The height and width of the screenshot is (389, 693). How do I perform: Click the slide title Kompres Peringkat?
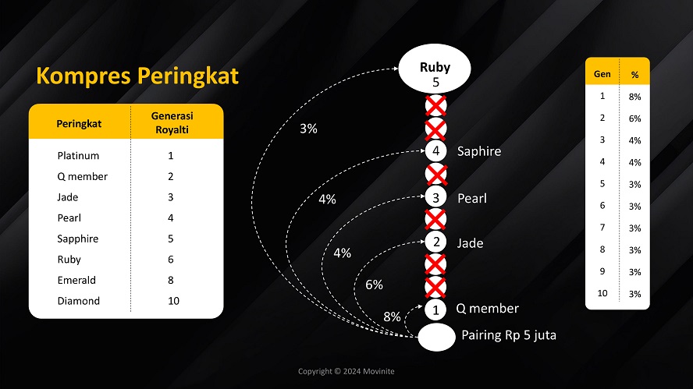[x=137, y=76]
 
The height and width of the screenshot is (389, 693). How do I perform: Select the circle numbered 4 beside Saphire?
[x=437, y=150]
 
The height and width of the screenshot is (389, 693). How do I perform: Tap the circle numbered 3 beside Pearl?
[x=437, y=197]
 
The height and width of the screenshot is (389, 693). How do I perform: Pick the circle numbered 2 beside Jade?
[x=437, y=242]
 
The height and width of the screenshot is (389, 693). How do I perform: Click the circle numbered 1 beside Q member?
[x=437, y=309]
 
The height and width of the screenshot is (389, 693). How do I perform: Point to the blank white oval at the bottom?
[x=436, y=337]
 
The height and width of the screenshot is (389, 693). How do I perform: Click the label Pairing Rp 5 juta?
[x=508, y=336]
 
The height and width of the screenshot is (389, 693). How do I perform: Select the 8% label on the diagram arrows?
[x=392, y=317]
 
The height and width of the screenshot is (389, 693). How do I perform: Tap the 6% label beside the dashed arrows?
[x=374, y=285]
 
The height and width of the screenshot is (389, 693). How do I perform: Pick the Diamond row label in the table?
[x=78, y=301]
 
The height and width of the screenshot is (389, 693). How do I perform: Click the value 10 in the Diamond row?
[x=174, y=301]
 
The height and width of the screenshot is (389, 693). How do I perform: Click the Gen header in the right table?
[x=602, y=74]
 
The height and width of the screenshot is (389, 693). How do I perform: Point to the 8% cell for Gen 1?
[x=634, y=97]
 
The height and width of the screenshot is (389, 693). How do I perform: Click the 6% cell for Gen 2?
[x=634, y=118]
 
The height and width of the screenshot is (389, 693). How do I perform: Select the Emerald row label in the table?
[x=76, y=280]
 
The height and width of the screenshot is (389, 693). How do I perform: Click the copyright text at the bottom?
[x=346, y=371]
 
